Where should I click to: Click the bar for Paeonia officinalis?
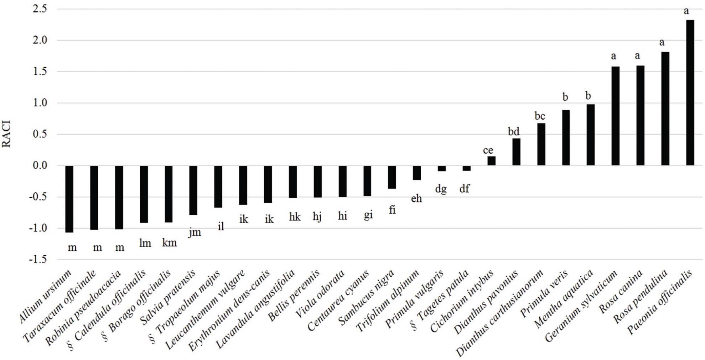[x=690, y=93]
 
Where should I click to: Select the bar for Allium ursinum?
[x=69, y=199]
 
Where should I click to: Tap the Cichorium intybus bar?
[x=491, y=161]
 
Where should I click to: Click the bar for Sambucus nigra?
[x=392, y=177]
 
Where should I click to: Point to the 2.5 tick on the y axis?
[x=40, y=9]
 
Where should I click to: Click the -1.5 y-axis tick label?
[x=38, y=259]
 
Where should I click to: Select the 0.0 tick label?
[x=40, y=166]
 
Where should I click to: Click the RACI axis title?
[x=7, y=134]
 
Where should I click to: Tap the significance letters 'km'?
[x=170, y=243]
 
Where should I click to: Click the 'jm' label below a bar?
[x=195, y=233]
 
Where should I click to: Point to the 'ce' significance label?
[x=488, y=150]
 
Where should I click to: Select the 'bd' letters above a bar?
[x=513, y=131]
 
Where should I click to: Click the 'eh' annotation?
[x=416, y=198]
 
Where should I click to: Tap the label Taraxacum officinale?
[x=60, y=306]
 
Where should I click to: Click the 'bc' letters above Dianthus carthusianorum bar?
[x=539, y=116]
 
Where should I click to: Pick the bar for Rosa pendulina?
[x=665, y=109]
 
